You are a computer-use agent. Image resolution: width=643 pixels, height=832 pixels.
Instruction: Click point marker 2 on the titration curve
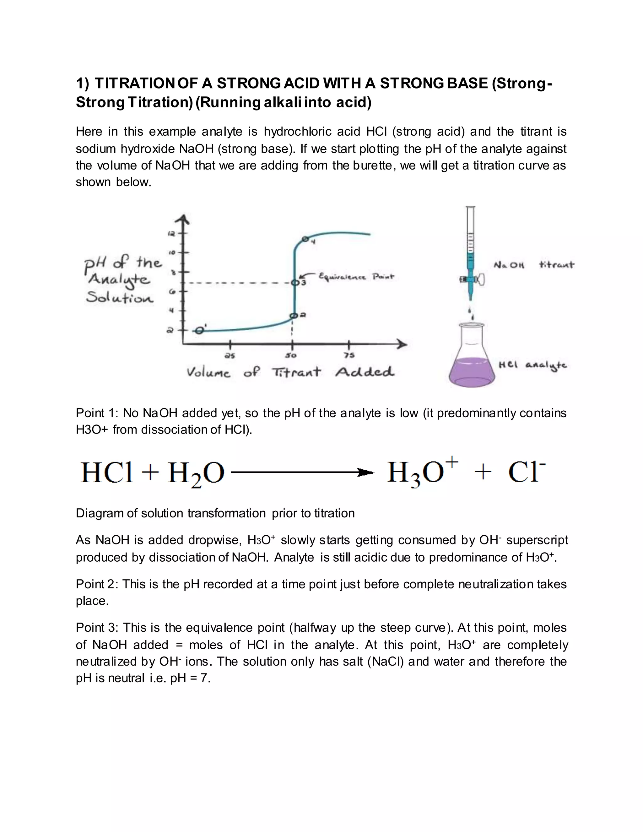point(293,316)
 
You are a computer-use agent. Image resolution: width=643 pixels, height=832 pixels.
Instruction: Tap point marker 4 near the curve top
point(305,239)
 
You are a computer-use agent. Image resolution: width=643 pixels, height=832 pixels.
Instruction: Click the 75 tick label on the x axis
point(349,355)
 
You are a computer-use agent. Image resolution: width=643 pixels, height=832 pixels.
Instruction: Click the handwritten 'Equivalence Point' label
point(356,277)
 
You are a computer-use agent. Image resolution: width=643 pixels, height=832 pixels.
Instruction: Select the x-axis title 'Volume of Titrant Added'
point(290,372)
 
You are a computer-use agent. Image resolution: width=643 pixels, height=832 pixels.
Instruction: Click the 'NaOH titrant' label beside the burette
point(534,265)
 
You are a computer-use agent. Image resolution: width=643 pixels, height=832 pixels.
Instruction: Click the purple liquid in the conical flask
point(472,371)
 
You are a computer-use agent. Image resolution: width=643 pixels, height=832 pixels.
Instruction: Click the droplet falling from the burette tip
point(472,316)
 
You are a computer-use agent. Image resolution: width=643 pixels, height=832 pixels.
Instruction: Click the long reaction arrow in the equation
point(303,473)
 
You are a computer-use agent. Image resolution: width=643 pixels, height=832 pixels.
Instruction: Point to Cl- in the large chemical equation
point(527,473)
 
